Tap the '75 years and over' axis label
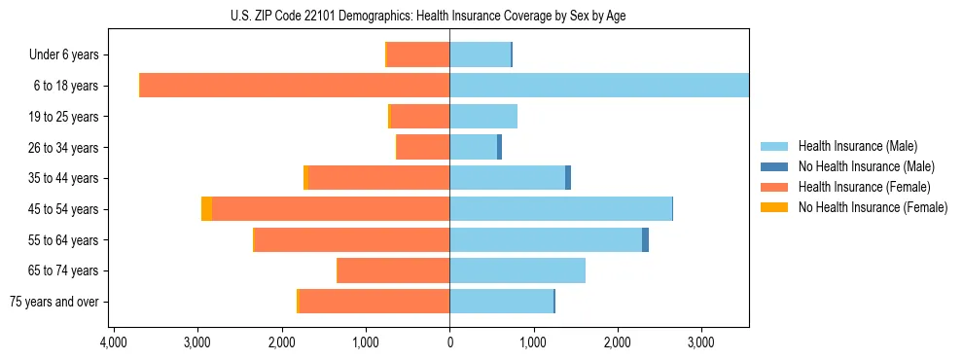(53, 302)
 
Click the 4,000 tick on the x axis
(114, 343)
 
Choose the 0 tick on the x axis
(449, 343)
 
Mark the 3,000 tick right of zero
(701, 343)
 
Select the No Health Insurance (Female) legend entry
(873, 207)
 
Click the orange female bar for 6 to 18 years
(295, 86)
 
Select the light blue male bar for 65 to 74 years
(517, 270)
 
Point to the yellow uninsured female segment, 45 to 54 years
(206, 209)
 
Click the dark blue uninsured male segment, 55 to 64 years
(645, 240)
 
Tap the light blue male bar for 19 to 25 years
(483, 117)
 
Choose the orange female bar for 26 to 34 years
(423, 148)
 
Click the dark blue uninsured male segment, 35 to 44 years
(568, 178)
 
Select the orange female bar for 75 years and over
(374, 302)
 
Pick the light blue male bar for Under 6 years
(480, 54)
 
